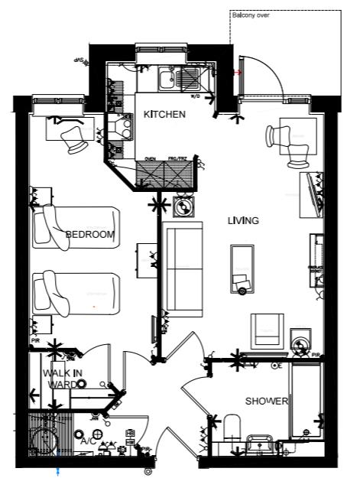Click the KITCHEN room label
click(x=164, y=115)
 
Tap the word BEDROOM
click(x=89, y=234)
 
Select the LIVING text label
click(x=243, y=220)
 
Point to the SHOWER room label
click(x=266, y=402)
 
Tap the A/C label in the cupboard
click(x=87, y=441)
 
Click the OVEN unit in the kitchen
click(x=151, y=174)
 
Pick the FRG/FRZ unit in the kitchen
click(x=180, y=174)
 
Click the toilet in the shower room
click(x=232, y=430)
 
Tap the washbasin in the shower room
click(x=262, y=443)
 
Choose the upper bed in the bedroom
click(x=76, y=226)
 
